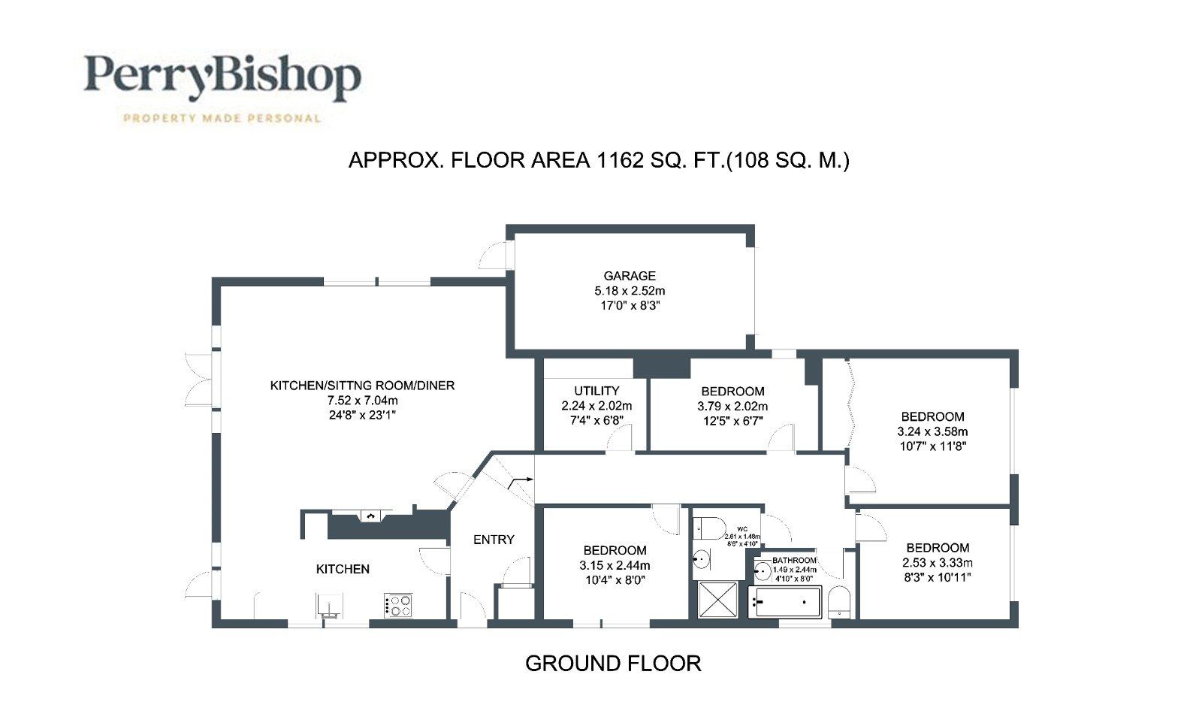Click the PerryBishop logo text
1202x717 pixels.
(222, 77)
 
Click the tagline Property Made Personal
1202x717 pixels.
(222, 118)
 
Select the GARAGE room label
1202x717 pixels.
(630, 276)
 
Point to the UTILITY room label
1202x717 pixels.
(596, 391)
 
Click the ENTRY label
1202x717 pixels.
(494, 540)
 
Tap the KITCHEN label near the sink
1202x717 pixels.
(343, 569)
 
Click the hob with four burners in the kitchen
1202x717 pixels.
(398, 605)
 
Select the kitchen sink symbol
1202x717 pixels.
(329, 605)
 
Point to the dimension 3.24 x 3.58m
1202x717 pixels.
(932, 431)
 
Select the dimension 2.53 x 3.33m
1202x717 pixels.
(937, 563)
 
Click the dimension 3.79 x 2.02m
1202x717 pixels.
(732, 407)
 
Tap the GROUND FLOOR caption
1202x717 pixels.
(613, 664)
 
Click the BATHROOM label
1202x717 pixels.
(794, 561)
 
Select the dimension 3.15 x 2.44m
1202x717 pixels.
(615, 565)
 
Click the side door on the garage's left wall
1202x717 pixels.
(494, 256)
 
